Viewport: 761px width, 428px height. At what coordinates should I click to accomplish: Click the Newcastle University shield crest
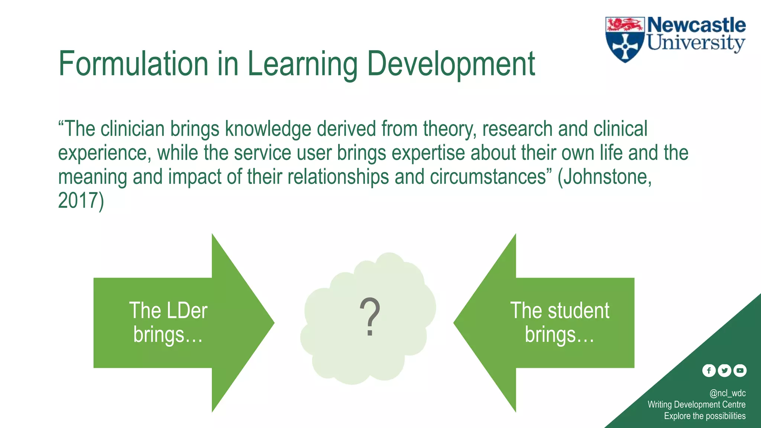pyautogui.click(x=625, y=39)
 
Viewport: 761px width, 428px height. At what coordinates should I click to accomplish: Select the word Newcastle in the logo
pyautogui.click(x=696, y=25)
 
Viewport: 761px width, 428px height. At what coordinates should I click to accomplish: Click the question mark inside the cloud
pyautogui.click(x=370, y=317)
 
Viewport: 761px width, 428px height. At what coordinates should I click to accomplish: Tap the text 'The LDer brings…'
pyautogui.click(x=168, y=322)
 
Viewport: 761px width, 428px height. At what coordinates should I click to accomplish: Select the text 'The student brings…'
pyautogui.click(x=560, y=322)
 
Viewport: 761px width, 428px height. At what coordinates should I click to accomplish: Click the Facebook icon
pyautogui.click(x=709, y=370)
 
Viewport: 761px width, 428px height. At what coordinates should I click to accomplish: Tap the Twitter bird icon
pyautogui.click(x=724, y=370)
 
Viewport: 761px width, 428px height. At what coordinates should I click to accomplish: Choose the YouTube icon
pyautogui.click(x=740, y=370)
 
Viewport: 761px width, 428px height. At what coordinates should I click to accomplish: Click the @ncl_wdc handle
pyautogui.click(x=727, y=393)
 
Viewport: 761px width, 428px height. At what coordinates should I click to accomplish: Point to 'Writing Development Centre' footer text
pyautogui.click(x=696, y=405)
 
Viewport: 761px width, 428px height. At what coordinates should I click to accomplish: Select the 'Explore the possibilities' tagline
pyautogui.click(x=705, y=416)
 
